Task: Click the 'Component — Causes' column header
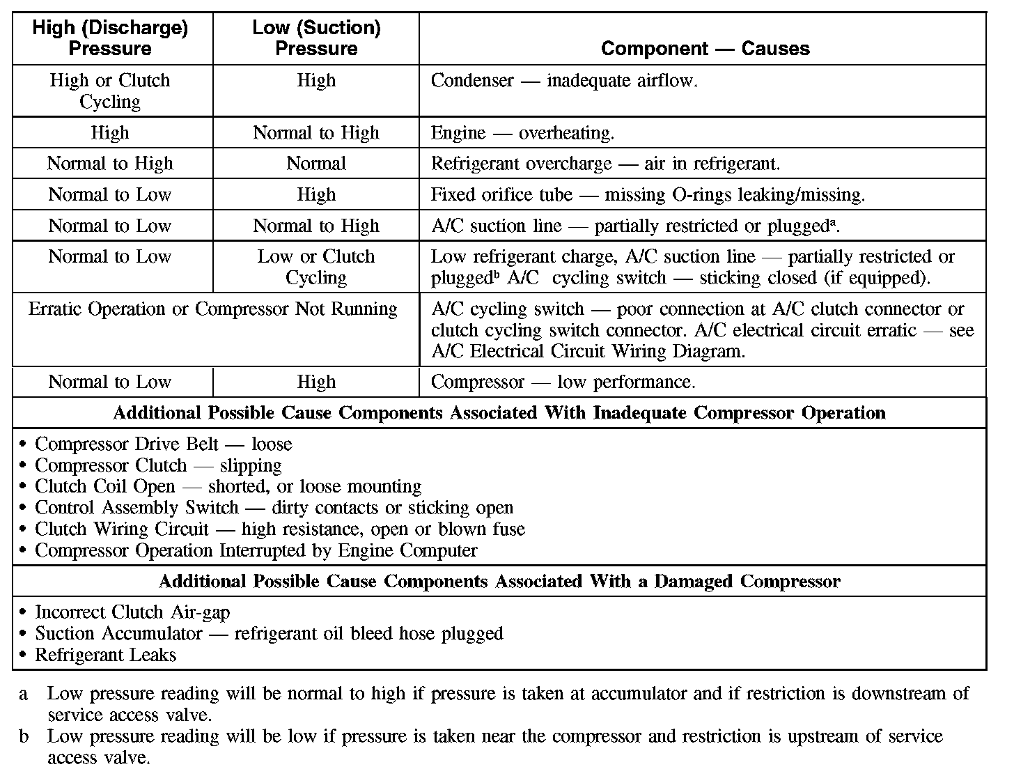pos(705,49)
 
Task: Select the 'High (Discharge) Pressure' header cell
pos(110,38)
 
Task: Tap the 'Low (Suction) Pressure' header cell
pos(316,38)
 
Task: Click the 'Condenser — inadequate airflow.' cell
pos(564,81)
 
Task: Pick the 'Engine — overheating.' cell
pos(522,133)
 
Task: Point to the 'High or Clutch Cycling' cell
pos(110,91)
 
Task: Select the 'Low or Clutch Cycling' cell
pos(316,267)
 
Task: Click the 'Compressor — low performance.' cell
pos(563,382)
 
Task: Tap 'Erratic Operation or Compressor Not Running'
pos(213,309)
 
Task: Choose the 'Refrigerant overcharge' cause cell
pos(605,164)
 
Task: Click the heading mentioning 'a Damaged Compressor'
pos(499,582)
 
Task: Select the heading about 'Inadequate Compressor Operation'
pos(499,413)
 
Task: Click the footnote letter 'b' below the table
pos(24,736)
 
